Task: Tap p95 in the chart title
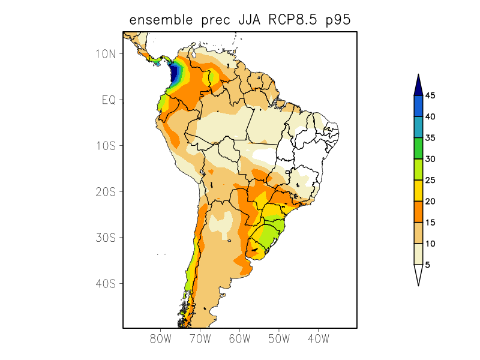[x=338, y=21]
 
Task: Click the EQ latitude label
[x=109, y=100]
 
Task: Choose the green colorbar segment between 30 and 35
[x=419, y=148]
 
